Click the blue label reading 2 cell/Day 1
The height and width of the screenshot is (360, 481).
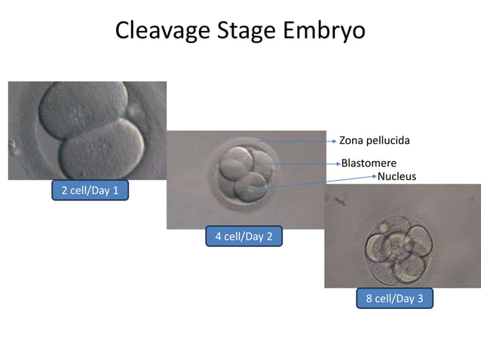pos(90,191)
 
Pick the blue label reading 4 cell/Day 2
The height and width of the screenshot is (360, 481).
pos(244,236)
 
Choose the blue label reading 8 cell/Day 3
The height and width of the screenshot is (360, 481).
pos(394,298)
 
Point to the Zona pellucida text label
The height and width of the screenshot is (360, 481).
pos(375,140)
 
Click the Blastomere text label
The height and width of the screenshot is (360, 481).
pos(369,163)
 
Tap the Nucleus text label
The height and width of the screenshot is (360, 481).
pos(396,176)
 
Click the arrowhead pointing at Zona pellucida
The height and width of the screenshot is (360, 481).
pos(333,141)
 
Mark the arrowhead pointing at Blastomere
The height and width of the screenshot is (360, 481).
pos(338,163)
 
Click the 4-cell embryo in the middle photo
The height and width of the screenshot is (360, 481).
pos(243,173)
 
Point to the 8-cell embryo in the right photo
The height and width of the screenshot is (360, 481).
pos(397,245)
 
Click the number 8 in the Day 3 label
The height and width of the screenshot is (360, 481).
pos(369,298)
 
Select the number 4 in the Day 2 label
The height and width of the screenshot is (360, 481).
pos(218,236)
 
